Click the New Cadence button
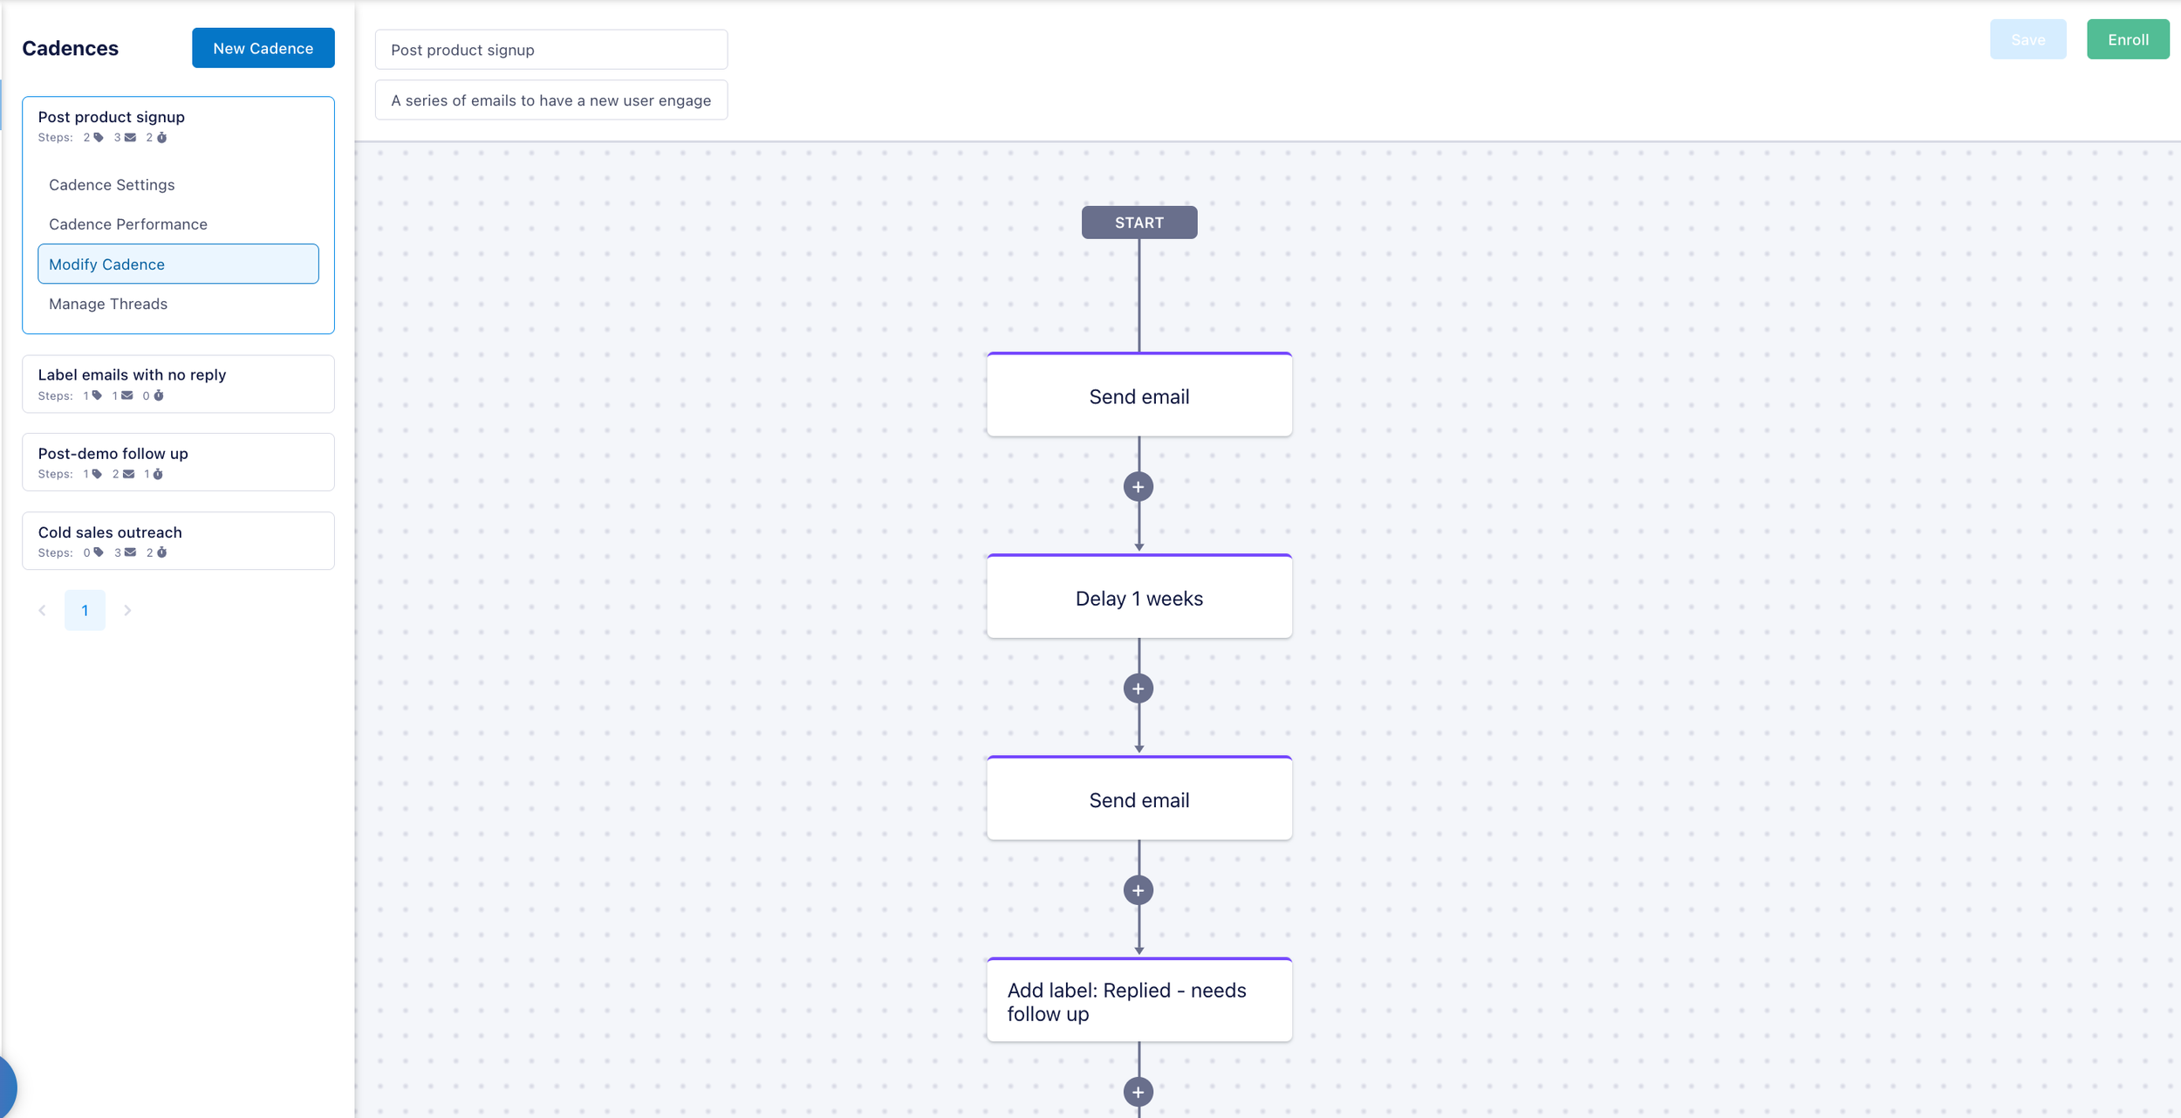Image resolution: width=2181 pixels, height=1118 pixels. tap(263, 48)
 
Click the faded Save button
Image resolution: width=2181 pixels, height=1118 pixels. tap(2027, 39)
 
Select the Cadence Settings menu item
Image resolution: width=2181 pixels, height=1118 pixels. tap(112, 185)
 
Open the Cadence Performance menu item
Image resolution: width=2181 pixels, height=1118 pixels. tap(128, 224)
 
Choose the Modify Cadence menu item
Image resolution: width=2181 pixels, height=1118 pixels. tap(178, 264)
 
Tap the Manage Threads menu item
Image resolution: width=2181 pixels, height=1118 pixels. tap(108, 304)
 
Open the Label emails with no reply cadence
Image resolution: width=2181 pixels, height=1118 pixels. tap(178, 384)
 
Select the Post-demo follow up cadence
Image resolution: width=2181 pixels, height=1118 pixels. tap(178, 463)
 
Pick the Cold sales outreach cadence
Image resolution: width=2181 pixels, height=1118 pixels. tap(178, 541)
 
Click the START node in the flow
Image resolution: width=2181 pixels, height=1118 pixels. tap(1139, 223)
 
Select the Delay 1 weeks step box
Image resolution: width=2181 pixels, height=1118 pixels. tap(1139, 597)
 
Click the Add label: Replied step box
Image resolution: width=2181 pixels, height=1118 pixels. tap(1139, 1000)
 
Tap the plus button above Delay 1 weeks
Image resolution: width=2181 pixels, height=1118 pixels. tap(1138, 487)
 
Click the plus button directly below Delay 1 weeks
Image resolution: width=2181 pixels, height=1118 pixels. tap(1138, 689)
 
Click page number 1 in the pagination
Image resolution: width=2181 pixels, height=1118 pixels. tap(85, 610)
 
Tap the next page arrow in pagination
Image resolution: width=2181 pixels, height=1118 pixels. tap(127, 610)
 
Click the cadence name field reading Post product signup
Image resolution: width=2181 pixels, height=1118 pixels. tap(551, 50)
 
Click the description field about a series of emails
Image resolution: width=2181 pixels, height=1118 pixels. tap(551, 100)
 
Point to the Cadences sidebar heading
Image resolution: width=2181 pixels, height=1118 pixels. tap(70, 48)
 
